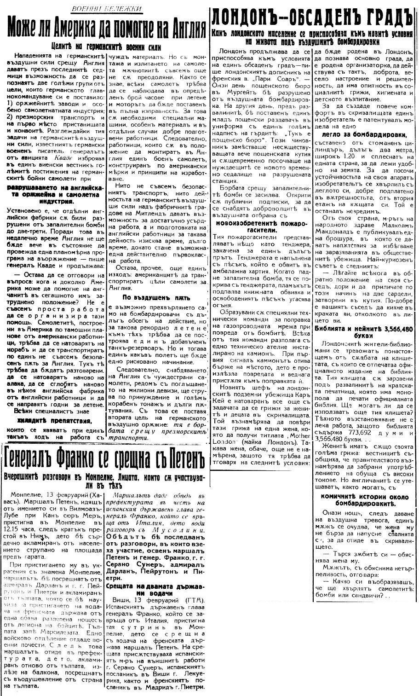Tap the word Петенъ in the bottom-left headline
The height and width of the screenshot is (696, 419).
pos(179,458)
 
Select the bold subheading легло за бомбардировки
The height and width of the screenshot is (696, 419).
pos(365,134)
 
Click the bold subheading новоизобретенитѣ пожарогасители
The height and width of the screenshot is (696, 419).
pos(260,226)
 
